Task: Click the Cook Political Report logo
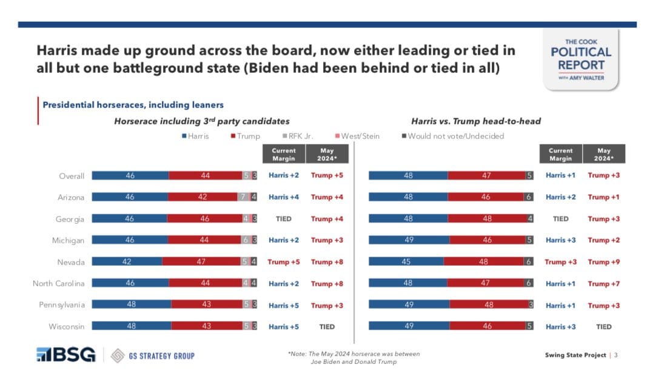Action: (581, 59)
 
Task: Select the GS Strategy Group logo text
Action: (155, 355)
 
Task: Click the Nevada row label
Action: (71, 262)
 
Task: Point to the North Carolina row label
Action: (58, 283)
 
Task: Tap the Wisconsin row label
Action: (67, 326)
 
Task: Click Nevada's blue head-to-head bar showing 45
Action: (406, 262)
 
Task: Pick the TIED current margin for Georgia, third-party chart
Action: (284, 219)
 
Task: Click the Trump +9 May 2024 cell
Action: (603, 262)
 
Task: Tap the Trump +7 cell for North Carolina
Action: (603, 283)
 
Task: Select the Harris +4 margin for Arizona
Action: (284, 197)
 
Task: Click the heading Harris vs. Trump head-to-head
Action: (475, 121)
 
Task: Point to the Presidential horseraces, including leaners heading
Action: (133, 105)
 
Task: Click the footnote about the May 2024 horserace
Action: (354, 358)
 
